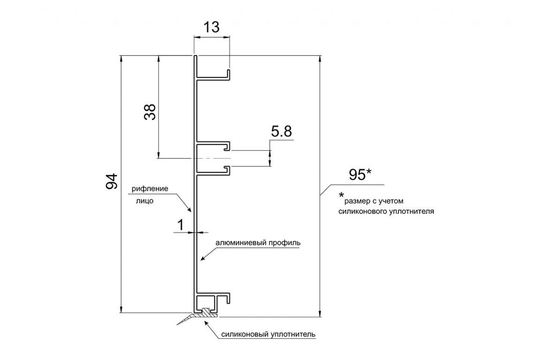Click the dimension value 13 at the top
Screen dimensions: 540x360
click(x=211, y=27)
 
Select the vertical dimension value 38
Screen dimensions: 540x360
click(x=150, y=111)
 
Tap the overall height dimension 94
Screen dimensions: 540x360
click(x=111, y=181)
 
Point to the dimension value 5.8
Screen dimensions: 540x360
click(x=282, y=131)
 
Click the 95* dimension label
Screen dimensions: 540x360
click(x=360, y=175)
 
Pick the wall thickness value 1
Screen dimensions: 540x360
click(x=180, y=225)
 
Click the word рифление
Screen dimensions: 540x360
click(x=150, y=189)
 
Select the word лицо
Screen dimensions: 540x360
click(x=145, y=201)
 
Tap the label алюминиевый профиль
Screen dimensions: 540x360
click(x=258, y=243)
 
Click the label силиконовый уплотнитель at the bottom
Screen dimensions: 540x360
click(x=268, y=334)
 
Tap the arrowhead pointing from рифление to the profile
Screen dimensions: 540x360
click(x=188, y=208)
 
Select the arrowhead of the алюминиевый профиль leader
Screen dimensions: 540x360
click(x=203, y=258)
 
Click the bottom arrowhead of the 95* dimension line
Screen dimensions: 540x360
click(x=320, y=313)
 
